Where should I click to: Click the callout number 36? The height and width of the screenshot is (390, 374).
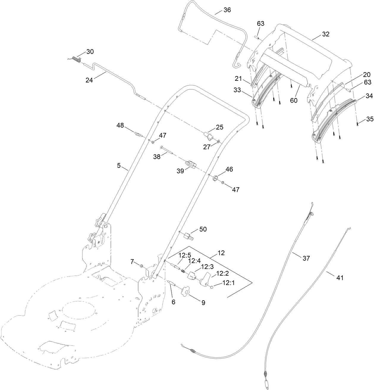pos(227,10)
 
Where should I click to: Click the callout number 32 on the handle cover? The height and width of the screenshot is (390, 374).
pos(326,34)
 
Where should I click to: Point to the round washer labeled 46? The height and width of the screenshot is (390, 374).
pos(214,179)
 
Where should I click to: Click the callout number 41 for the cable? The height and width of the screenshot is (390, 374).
pos(340,278)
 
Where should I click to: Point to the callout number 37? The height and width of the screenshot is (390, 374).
pos(306,258)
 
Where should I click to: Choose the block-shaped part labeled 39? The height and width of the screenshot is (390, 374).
pos(190,164)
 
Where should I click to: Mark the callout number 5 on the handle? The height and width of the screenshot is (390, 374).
pos(119,166)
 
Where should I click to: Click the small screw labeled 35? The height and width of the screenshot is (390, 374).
pos(357,124)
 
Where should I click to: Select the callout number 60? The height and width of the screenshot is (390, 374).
pos(293,100)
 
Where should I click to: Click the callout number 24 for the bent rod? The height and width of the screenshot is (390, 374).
pos(89,80)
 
